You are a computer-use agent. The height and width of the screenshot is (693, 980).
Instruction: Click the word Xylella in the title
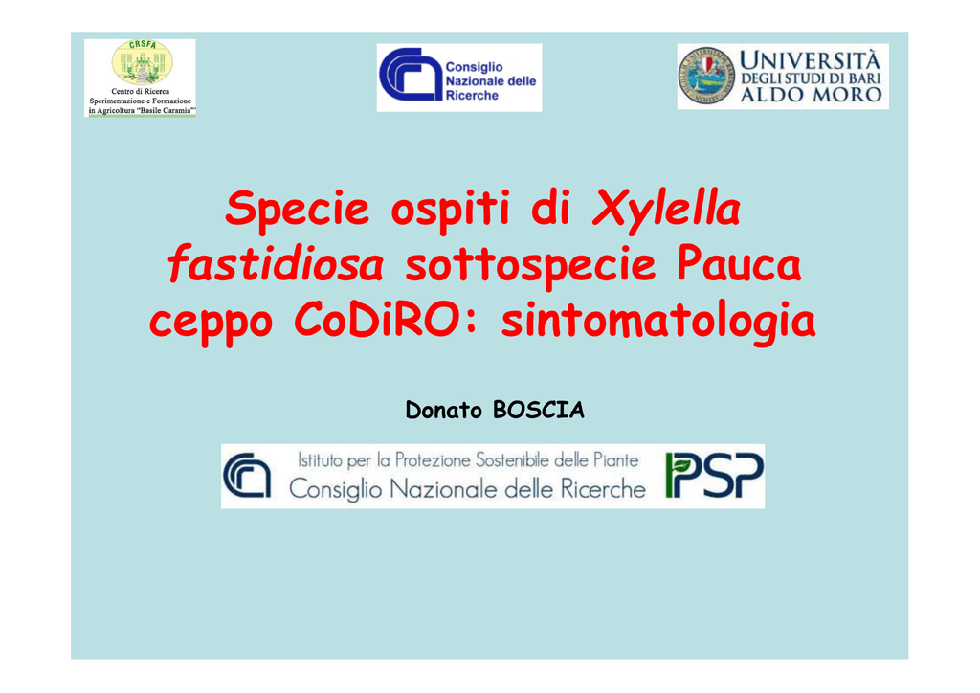[x=667, y=209]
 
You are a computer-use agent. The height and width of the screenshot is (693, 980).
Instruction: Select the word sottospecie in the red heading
[x=530, y=266]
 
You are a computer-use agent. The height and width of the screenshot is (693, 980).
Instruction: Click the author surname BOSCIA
[x=539, y=410]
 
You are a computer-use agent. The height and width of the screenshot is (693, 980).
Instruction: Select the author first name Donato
[x=444, y=411]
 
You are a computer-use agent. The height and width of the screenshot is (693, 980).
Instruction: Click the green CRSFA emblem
[x=143, y=62]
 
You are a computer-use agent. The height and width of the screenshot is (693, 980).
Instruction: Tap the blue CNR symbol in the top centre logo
[x=411, y=75]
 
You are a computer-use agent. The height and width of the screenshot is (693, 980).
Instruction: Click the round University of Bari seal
[x=706, y=77]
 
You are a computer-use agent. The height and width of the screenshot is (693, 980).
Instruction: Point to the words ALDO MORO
[x=811, y=95]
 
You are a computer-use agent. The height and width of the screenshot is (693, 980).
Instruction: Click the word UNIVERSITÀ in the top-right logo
[x=810, y=60]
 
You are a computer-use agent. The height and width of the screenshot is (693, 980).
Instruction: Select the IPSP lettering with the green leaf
[x=714, y=475]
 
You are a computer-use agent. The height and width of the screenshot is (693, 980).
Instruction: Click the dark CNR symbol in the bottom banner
[x=247, y=476]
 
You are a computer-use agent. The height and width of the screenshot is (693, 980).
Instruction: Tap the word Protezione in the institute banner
[x=433, y=460]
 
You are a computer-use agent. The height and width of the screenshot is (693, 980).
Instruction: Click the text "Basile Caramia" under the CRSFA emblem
[x=165, y=111]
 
